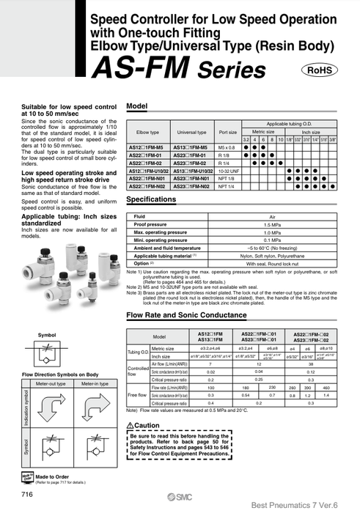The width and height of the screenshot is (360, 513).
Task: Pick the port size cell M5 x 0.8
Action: coord(227,147)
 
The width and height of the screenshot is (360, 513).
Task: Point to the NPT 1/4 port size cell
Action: coord(227,187)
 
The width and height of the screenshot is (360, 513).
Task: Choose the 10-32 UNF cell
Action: coord(227,171)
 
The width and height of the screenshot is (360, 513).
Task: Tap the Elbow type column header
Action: coord(147,133)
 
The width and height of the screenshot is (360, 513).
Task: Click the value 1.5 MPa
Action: coord(272,225)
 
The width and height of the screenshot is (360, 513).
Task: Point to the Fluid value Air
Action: coord(272,217)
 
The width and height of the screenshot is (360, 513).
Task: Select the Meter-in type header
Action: coord(92,382)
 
